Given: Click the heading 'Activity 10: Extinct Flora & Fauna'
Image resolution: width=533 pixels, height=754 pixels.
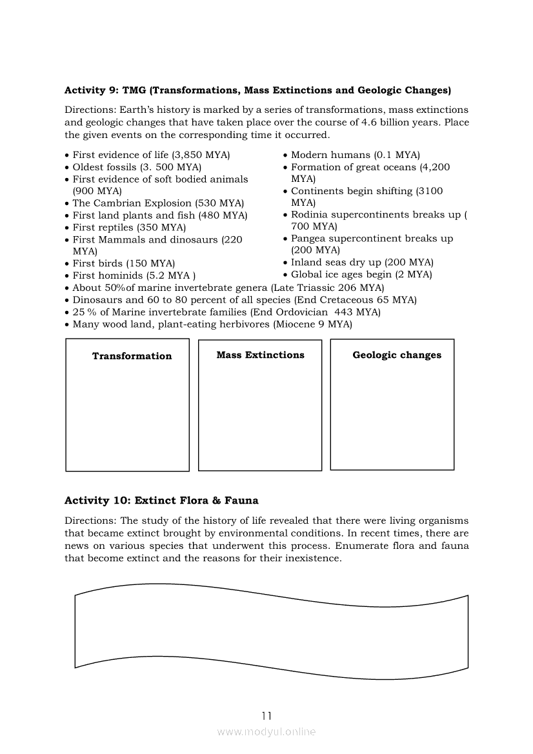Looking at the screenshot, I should tap(161, 501).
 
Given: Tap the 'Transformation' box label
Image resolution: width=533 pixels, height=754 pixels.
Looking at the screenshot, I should tap(132, 356).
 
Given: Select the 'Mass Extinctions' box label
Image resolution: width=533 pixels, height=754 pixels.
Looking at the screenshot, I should tap(260, 355).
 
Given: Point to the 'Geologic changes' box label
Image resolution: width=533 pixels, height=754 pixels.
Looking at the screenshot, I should tap(397, 355).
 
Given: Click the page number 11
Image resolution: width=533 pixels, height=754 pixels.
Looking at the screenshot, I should tap(266, 715).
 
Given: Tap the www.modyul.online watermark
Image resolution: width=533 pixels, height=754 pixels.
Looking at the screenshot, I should tap(266, 731).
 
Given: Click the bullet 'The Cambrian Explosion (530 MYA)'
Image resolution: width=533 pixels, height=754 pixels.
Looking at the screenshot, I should tap(158, 203).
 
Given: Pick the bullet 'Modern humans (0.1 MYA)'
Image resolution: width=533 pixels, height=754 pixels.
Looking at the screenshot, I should tap(355, 155).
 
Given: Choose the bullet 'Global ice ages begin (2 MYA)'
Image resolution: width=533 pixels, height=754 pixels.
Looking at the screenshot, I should tap(361, 274).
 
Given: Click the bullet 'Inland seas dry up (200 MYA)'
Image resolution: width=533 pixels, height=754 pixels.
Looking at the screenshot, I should tap(362, 263).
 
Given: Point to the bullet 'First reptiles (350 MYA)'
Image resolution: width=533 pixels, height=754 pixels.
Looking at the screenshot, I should tap(129, 227).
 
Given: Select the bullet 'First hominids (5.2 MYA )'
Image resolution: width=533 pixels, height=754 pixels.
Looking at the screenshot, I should tap(134, 275).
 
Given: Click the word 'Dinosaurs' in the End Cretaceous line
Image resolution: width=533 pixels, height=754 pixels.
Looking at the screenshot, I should tap(97, 300).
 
